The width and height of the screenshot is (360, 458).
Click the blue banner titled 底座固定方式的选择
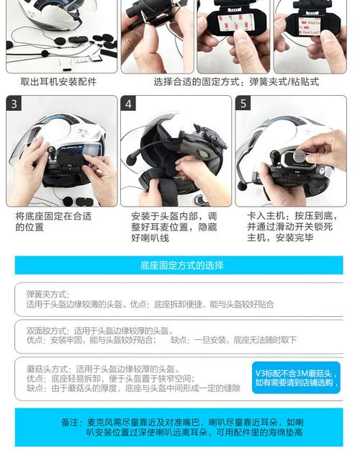click(x=181, y=265)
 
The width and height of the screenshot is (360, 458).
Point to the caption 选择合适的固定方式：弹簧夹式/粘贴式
click(x=236, y=82)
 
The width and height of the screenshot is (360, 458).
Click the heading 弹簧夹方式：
click(x=48, y=294)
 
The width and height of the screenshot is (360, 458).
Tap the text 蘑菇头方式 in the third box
click(x=48, y=368)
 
